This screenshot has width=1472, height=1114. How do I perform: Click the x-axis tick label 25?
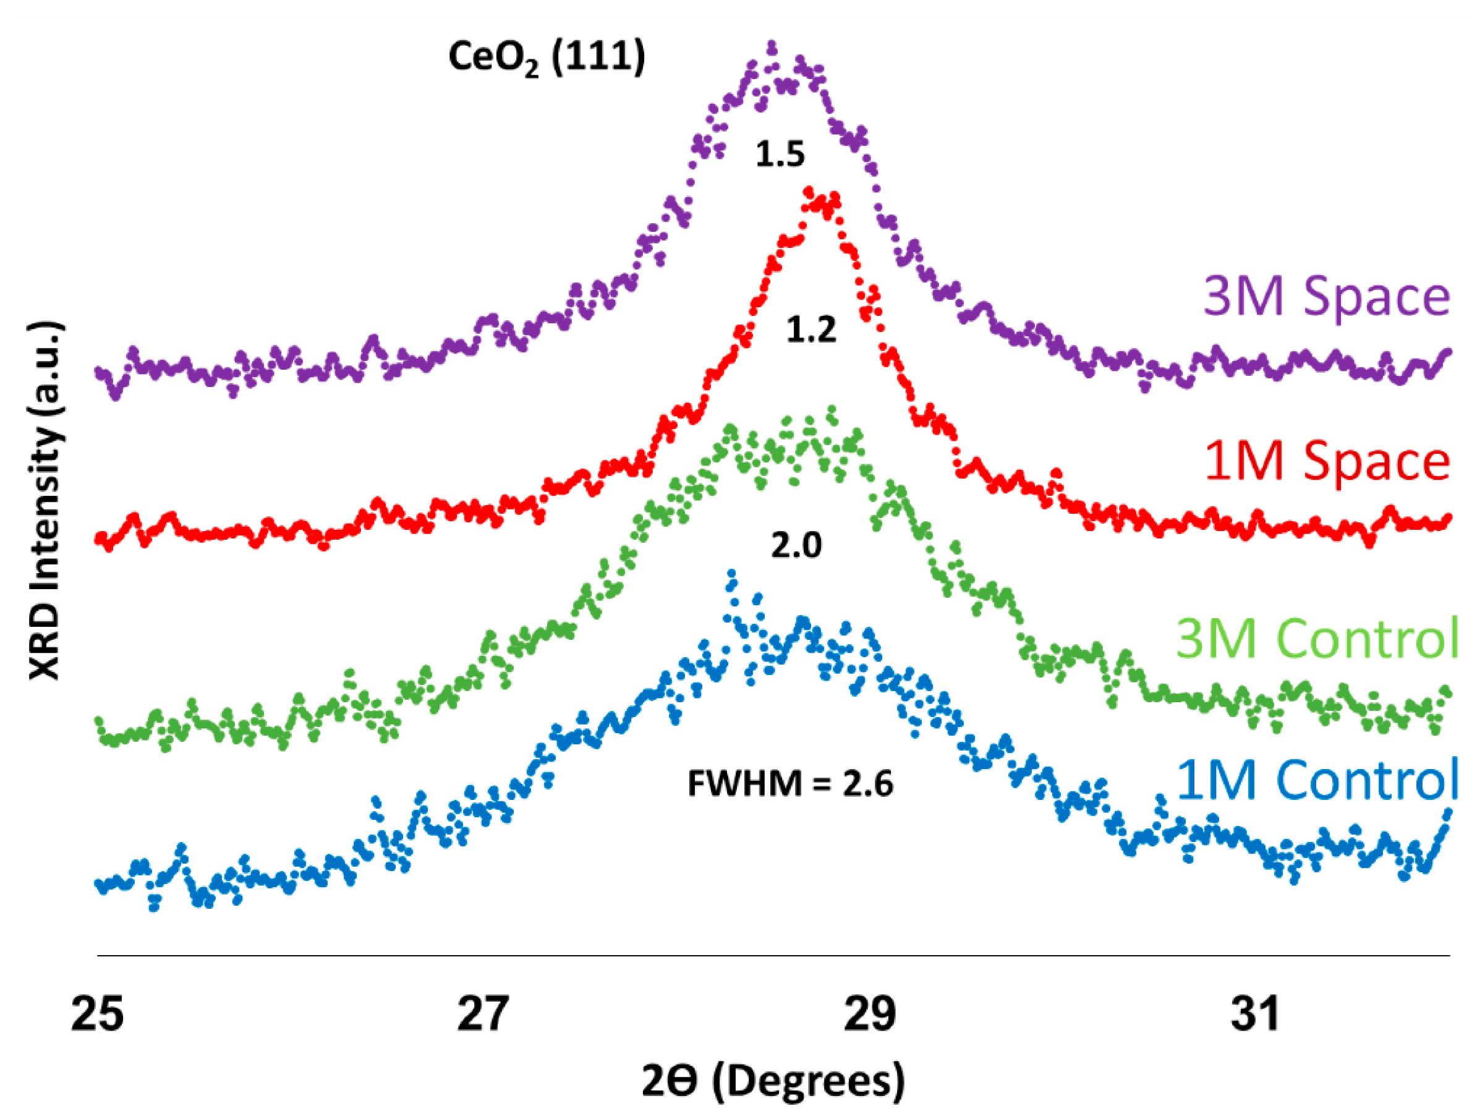pyautogui.click(x=97, y=1014)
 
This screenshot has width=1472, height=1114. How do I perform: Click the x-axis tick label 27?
pyautogui.click(x=483, y=1014)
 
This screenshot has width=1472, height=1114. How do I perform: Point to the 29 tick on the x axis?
pyautogui.click(x=869, y=1014)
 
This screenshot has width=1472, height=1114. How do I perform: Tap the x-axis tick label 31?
pyautogui.click(x=1255, y=1014)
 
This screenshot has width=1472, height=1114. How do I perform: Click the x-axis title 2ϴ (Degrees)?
pyautogui.click(x=773, y=1081)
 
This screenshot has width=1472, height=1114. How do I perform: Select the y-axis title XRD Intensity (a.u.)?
pyautogui.click(x=45, y=501)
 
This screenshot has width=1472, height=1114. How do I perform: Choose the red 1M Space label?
pyautogui.click(x=1326, y=461)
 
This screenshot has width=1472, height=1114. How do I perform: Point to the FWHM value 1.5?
pyautogui.click(x=780, y=155)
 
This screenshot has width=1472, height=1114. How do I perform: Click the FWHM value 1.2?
pyautogui.click(x=810, y=330)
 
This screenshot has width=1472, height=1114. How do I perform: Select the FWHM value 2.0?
pyautogui.click(x=796, y=546)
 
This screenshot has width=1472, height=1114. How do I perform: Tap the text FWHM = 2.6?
pyautogui.click(x=790, y=784)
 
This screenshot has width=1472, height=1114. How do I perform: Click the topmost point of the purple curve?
pyautogui.click(x=772, y=45)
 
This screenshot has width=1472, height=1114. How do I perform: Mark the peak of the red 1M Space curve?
pyautogui.click(x=809, y=192)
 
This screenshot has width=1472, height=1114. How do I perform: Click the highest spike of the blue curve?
pyautogui.click(x=732, y=573)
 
